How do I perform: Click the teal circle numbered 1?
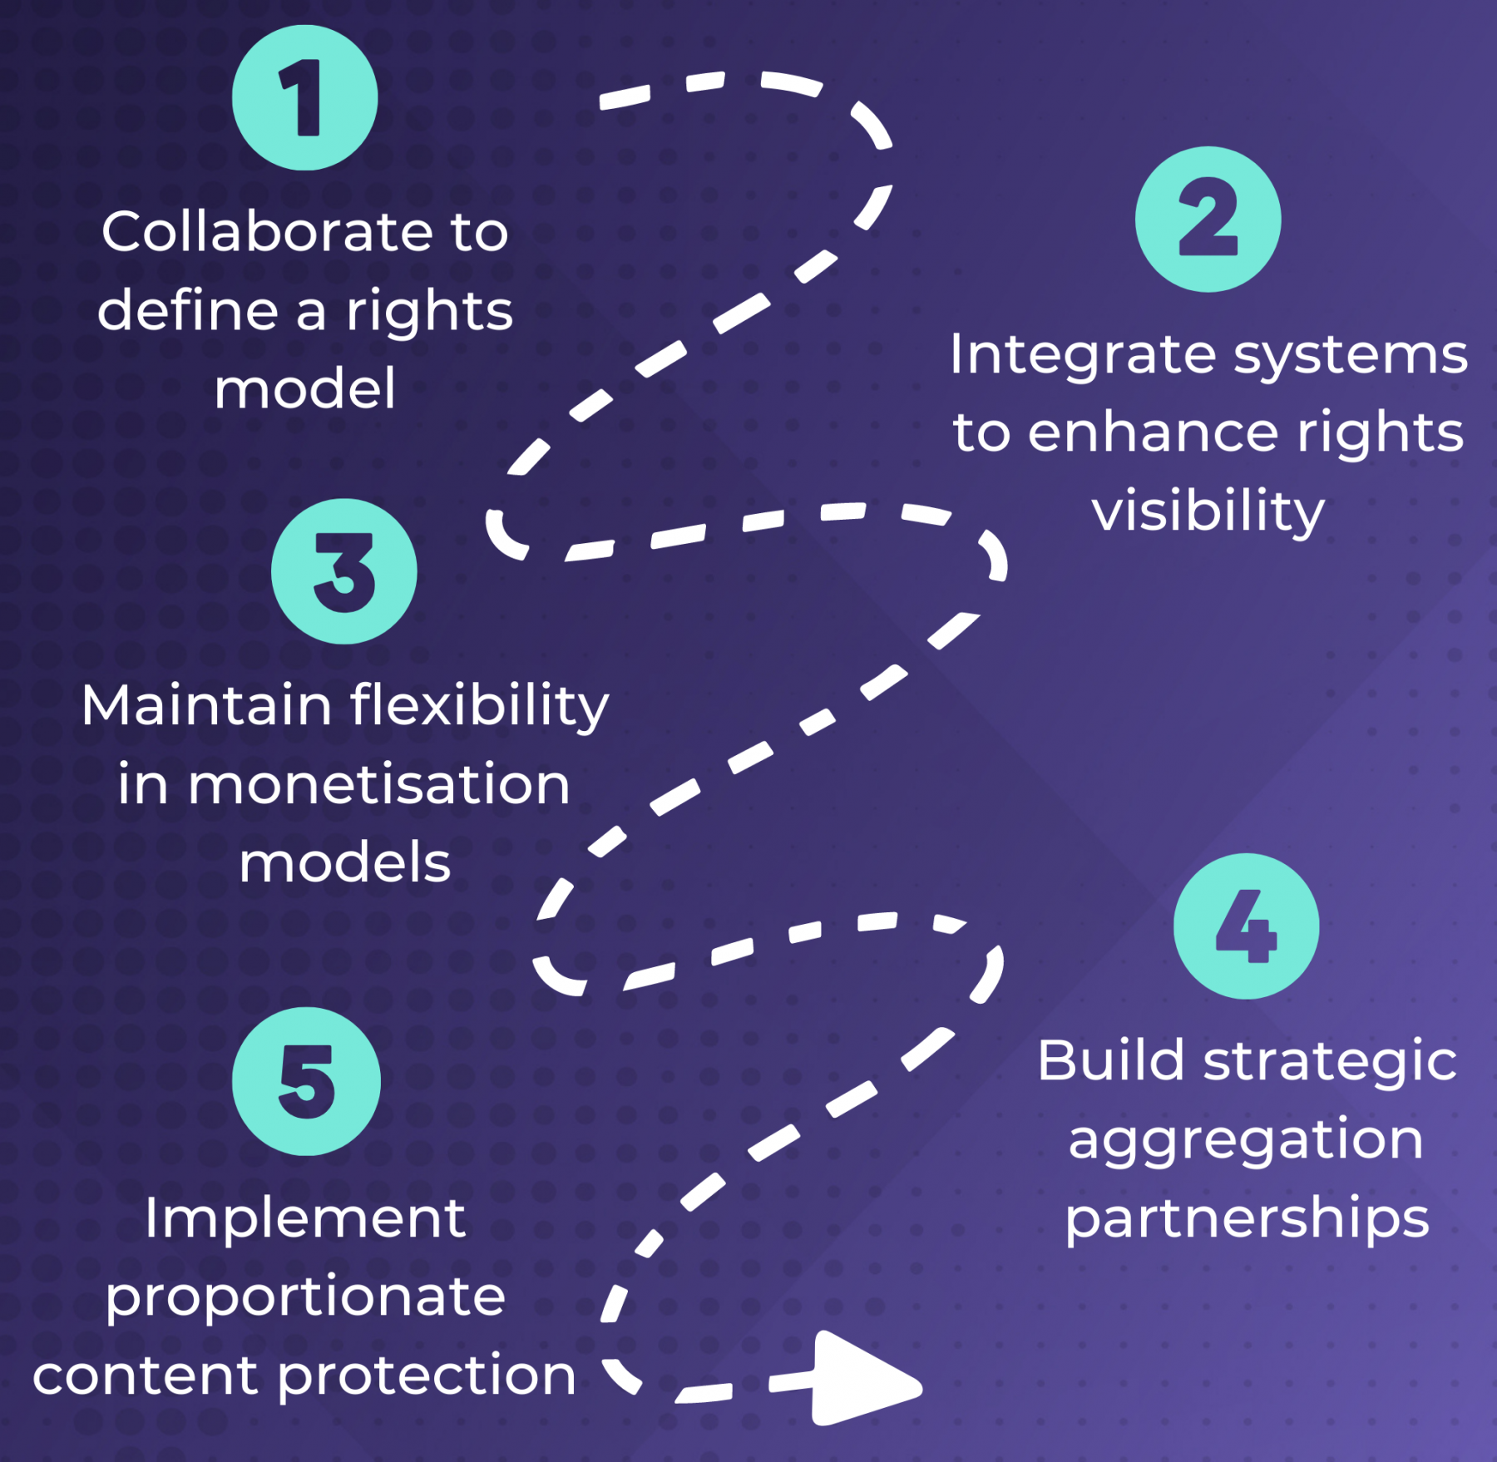(304, 98)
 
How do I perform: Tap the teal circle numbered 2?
(1208, 220)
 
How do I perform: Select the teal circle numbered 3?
(343, 571)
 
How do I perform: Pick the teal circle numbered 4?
(1246, 926)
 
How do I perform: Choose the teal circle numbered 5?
(306, 1081)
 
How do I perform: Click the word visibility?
(1208, 511)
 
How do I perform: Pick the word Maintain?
(207, 705)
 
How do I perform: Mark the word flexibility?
(479, 707)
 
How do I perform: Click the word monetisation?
(378, 784)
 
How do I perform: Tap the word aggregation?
(1245, 1139)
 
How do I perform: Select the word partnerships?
(1247, 1219)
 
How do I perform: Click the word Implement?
(305, 1219)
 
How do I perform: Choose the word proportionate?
(305, 1297)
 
